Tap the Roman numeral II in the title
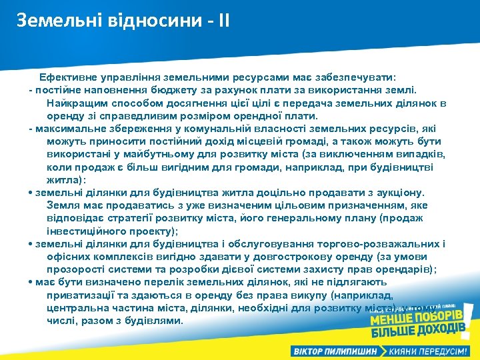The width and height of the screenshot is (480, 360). pyautogui.click(x=221, y=21)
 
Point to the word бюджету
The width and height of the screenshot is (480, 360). pyautogui.click(x=176, y=90)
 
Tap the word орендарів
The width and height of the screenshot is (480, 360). pyautogui.click(x=405, y=269)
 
